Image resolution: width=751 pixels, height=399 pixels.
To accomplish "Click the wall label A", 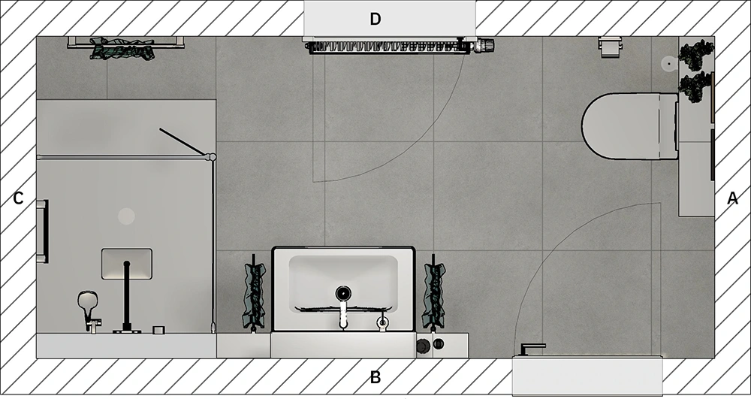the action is [x=732, y=198].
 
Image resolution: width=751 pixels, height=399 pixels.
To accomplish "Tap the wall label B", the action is [x=375, y=377].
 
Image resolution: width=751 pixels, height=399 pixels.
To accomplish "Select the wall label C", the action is [x=18, y=198].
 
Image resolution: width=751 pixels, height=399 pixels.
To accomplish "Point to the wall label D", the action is [x=375, y=19].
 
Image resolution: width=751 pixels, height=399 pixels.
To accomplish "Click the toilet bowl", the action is [x=630, y=126].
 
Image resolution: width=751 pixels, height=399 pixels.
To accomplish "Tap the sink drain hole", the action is [x=343, y=292].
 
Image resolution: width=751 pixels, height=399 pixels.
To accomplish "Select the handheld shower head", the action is [x=86, y=302].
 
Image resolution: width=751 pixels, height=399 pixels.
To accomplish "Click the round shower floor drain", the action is [x=126, y=216].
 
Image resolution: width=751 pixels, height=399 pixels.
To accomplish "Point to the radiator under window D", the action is [x=388, y=47].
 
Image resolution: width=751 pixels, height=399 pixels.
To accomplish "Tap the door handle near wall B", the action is [x=532, y=349].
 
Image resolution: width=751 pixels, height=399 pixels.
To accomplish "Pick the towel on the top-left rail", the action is [x=122, y=48].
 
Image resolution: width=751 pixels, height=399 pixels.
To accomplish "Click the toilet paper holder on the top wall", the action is [x=610, y=47].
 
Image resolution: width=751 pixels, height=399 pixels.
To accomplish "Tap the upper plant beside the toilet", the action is [x=696, y=55].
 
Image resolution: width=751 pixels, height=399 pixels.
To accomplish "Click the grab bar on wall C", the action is [x=43, y=231].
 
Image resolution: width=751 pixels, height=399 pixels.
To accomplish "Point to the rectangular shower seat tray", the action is [x=127, y=264].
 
